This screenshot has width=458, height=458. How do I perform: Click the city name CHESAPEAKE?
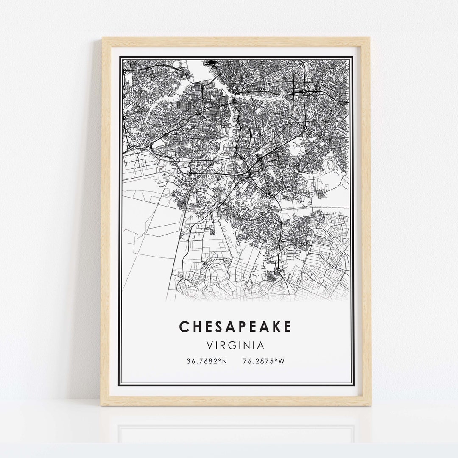[x=235, y=327]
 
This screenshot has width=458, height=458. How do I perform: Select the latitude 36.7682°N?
[x=207, y=361]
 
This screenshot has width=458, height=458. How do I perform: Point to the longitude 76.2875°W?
[x=263, y=361]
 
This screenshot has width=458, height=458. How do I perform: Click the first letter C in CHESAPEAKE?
[x=184, y=327]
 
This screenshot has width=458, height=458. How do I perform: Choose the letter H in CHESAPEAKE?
[x=197, y=327]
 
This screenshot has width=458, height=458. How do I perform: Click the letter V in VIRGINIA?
[x=209, y=346]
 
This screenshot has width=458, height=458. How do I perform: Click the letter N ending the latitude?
[x=225, y=361]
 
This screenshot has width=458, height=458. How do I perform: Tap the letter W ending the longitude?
[x=281, y=361]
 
